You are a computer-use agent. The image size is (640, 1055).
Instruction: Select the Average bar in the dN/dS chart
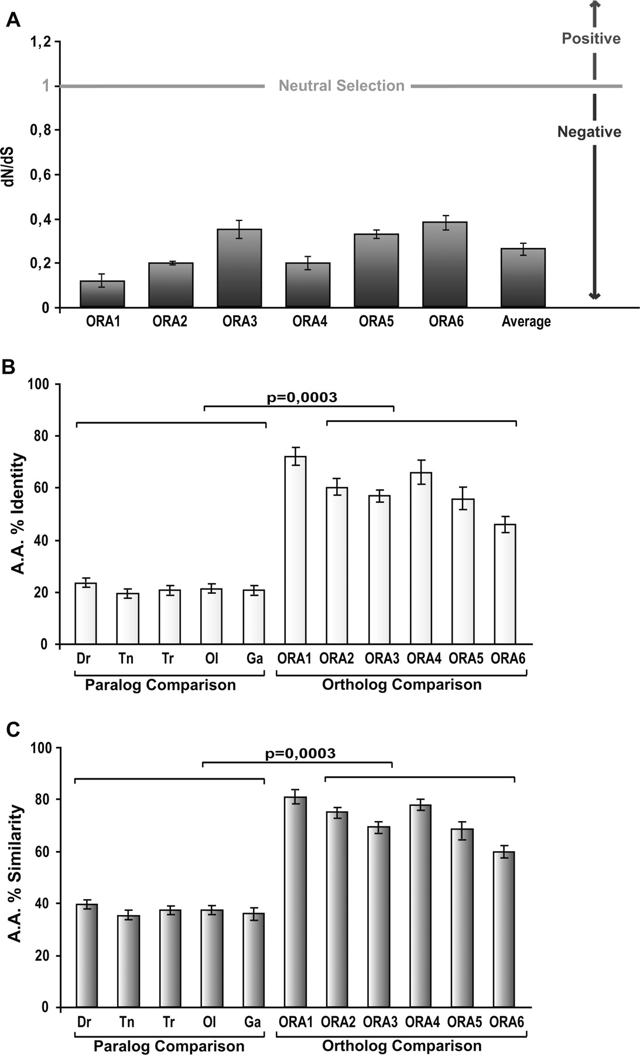pyautogui.click(x=523, y=278)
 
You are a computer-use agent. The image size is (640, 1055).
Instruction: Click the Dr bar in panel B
pyautogui.click(x=85, y=613)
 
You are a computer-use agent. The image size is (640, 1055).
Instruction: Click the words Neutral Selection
pyautogui.click(x=341, y=86)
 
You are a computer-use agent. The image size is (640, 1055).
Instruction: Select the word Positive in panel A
pyautogui.click(x=591, y=39)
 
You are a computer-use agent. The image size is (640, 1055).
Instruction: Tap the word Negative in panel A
pyautogui.click(x=589, y=132)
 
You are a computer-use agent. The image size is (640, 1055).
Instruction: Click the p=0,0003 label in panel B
pyautogui.click(x=302, y=397)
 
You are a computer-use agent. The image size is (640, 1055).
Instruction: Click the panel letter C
pyautogui.click(x=13, y=730)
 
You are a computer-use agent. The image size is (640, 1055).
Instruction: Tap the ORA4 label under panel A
pyautogui.click(x=310, y=321)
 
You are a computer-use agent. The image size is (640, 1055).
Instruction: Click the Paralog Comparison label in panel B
pyautogui.click(x=160, y=685)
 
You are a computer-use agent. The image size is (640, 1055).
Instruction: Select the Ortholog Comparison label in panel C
pyautogui.click(x=402, y=1046)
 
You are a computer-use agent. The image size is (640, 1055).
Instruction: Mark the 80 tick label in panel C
pyautogui.click(x=44, y=800)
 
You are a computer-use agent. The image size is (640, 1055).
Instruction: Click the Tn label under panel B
pyautogui.click(x=125, y=658)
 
